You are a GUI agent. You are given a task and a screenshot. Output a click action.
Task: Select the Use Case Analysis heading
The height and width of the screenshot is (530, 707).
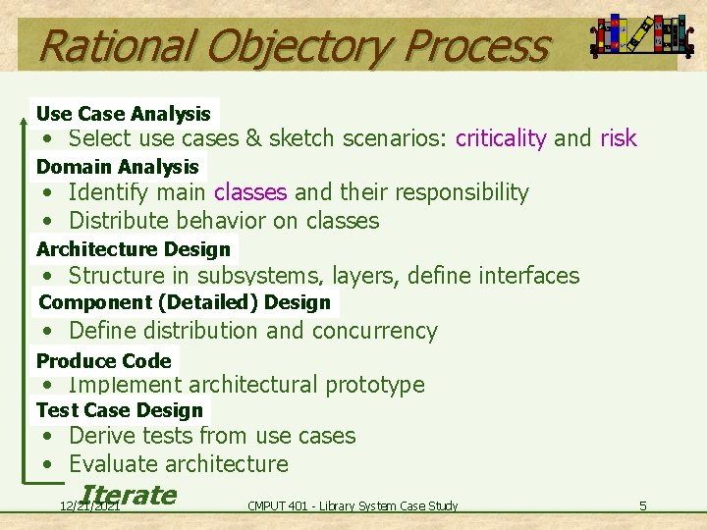[124, 114]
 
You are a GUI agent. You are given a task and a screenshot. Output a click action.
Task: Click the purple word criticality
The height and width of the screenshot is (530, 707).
[501, 138]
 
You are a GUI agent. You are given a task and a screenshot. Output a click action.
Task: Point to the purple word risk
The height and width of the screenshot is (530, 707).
[618, 138]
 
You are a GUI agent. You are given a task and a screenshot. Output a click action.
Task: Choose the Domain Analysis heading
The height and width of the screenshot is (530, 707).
[118, 167]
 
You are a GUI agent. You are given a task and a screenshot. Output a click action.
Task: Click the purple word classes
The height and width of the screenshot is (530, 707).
[250, 192]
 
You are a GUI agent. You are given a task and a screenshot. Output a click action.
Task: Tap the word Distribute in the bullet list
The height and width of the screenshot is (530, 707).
[115, 221]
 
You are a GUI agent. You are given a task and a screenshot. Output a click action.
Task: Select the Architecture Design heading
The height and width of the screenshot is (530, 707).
[134, 249]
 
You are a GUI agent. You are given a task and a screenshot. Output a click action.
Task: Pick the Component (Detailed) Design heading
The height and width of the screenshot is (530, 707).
[185, 302]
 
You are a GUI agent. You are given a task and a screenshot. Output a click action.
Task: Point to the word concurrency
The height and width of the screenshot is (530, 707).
[375, 331]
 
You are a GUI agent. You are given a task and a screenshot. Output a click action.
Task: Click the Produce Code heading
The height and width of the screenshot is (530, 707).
[104, 360]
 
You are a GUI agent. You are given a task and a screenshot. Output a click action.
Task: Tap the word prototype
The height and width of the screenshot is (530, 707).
[374, 385]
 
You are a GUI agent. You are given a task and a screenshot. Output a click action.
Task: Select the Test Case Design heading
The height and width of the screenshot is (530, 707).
[120, 410]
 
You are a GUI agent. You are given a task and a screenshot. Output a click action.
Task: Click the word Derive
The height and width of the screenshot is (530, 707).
[101, 436]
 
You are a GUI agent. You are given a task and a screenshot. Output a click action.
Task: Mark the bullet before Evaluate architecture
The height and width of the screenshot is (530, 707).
[47, 464]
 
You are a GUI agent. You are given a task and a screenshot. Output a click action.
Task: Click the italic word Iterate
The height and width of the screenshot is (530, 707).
[130, 495]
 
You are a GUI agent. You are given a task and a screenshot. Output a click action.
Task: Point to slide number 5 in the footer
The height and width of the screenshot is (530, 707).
[642, 505]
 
